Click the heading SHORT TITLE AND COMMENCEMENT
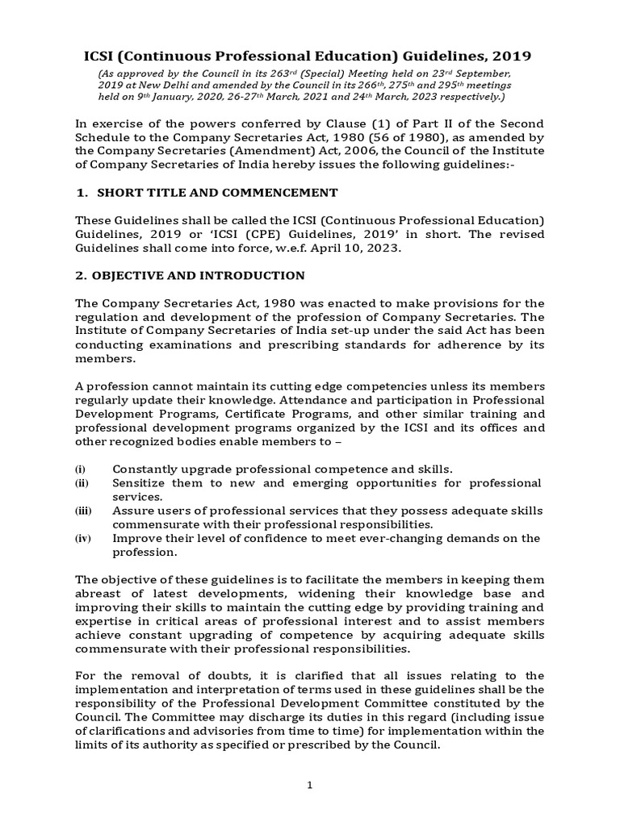click(x=216, y=192)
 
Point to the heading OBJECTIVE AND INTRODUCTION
click(x=200, y=275)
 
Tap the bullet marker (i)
click(x=80, y=469)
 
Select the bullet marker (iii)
click(x=82, y=511)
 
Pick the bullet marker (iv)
click(x=82, y=539)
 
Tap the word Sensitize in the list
click(x=139, y=482)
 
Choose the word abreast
click(x=100, y=594)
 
